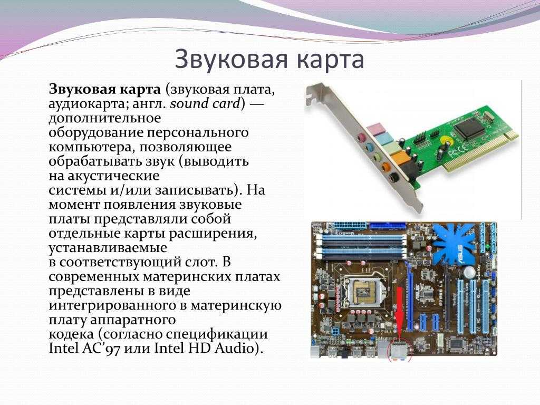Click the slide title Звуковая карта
(x=269, y=59)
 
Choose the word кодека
(x=71, y=334)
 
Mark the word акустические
(x=114, y=176)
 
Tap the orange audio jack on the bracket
(x=385, y=168)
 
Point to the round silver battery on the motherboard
(x=469, y=272)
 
